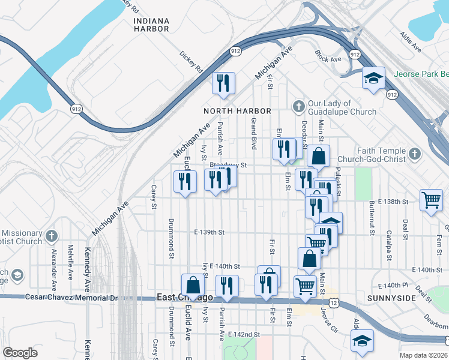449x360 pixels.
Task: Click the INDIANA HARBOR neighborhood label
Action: pos(151,25)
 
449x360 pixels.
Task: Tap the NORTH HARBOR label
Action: pos(237,111)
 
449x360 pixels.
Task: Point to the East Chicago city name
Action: pos(185,298)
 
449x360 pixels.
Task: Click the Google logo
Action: pos(20,353)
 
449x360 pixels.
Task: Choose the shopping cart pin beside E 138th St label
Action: pos(431,200)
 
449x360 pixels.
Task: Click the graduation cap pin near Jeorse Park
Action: pos(373,78)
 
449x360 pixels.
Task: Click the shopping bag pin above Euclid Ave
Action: pos(193,284)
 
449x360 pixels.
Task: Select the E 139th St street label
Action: pos(209,232)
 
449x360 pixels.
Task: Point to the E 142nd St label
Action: pos(244,334)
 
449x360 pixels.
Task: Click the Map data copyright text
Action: pos(423,355)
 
